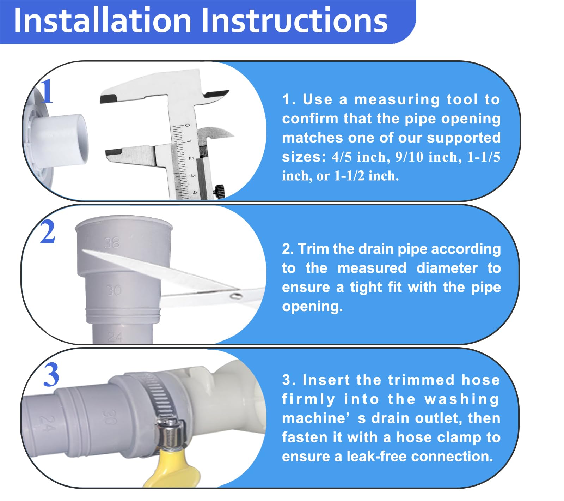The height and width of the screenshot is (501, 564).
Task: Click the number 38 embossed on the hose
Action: point(112,243)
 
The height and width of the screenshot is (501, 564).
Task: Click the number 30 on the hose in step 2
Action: point(114,290)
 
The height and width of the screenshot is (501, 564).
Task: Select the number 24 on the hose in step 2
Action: point(115,337)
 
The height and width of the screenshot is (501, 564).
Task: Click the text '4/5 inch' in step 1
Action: point(360,157)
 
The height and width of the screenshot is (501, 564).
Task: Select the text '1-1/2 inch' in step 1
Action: point(366,176)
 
